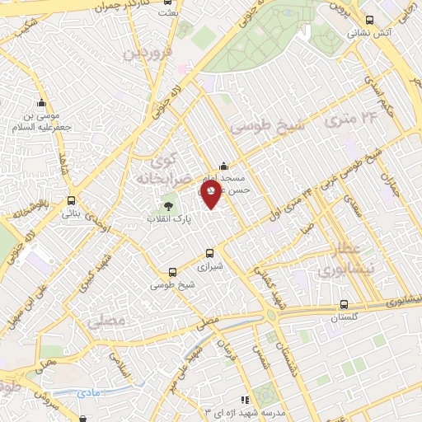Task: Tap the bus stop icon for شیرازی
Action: (209, 254)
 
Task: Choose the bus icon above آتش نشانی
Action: (368, 20)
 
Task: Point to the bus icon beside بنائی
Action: (72, 200)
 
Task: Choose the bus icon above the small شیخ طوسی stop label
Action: (172, 272)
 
